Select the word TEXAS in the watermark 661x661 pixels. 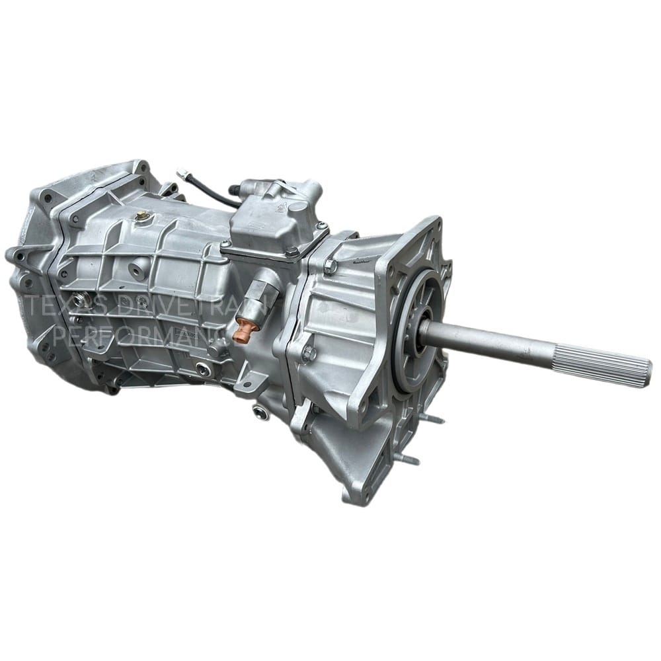57,307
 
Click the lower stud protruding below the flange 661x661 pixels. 408,458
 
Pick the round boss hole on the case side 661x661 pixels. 139,270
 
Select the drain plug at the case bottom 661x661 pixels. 260,412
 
